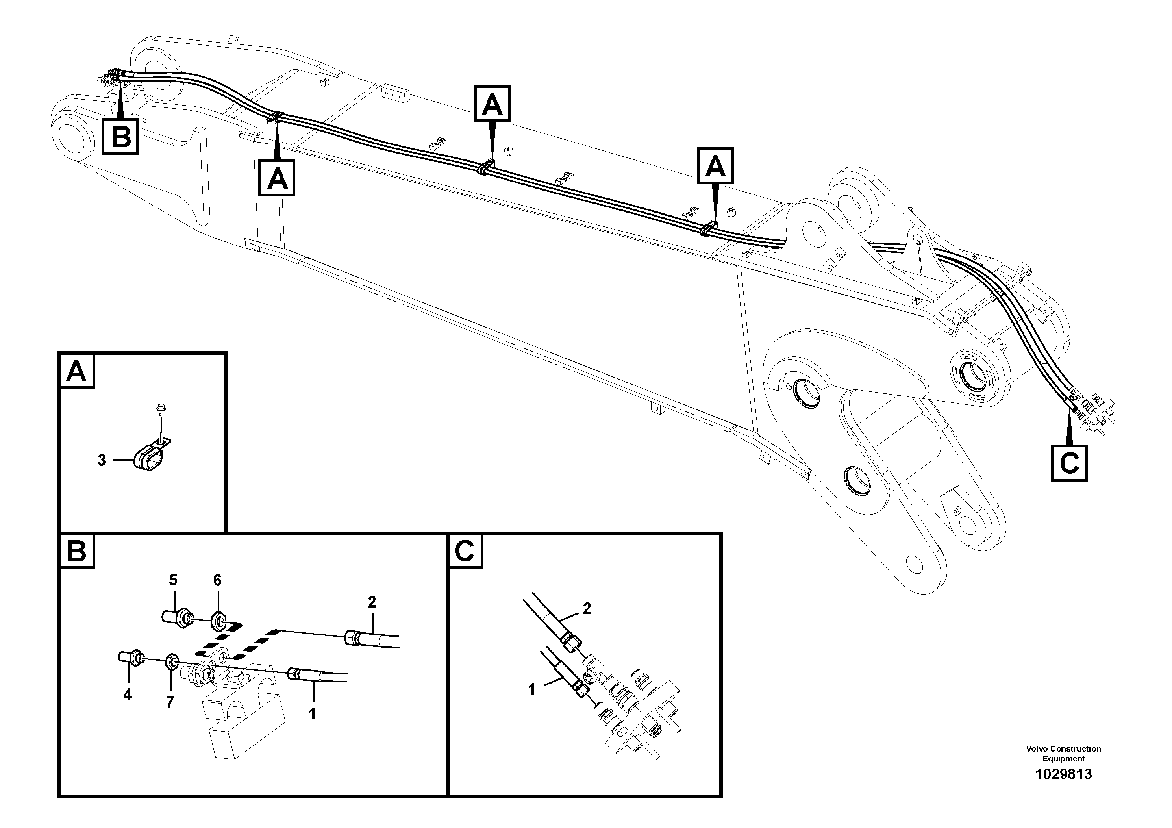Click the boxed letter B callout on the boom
120,136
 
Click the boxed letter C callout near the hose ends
1069,463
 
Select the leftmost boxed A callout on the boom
277,178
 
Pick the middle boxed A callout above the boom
492,104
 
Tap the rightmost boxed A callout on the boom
716,166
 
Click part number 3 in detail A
102,460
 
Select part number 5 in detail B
173,580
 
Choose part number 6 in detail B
217,580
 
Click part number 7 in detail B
170,702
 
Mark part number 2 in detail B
372,602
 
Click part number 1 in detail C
531,690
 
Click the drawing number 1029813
1063,774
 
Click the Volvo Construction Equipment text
1063,753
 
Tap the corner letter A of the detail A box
76,372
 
